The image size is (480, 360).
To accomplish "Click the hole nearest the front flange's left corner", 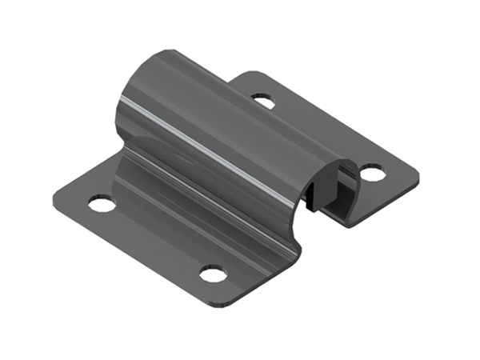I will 101,203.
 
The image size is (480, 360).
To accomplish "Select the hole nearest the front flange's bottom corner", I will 213,274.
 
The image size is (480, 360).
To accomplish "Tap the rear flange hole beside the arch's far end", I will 262,101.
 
